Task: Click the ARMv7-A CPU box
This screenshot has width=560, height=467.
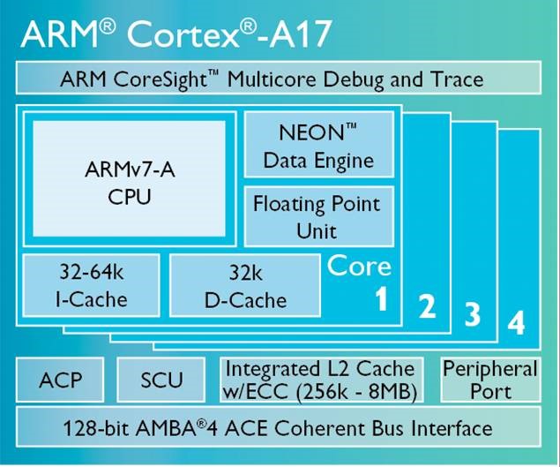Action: point(129,179)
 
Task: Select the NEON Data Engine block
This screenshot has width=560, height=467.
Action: point(319,145)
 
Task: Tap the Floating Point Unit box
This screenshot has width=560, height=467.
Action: point(319,216)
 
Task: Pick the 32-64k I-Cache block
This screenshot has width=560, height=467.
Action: point(91,285)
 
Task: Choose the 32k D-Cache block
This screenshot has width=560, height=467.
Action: point(245,285)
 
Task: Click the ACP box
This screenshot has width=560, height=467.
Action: point(60,380)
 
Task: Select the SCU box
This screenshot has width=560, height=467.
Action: point(161,380)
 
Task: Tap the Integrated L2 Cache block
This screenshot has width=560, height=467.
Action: point(321,380)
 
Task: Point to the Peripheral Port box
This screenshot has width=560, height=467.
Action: point(490,380)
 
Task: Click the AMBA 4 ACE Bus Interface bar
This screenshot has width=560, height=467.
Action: point(279,426)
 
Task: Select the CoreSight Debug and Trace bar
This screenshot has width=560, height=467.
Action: point(279,78)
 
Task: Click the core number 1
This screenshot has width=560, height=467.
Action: point(381,298)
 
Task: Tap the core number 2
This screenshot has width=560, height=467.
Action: point(427,305)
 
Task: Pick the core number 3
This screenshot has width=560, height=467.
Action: point(472,313)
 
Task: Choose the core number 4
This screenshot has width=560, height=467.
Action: point(517,322)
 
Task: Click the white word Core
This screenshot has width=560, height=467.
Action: point(359,266)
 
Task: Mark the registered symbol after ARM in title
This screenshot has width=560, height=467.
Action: point(107,26)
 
